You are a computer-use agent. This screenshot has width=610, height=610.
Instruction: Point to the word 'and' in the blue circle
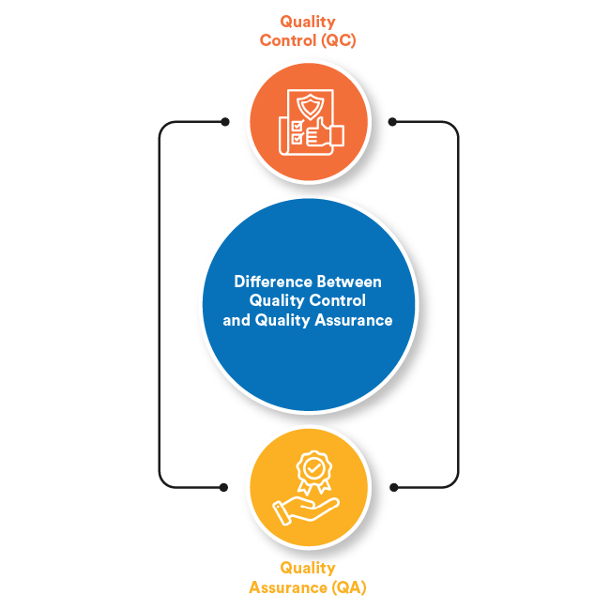click(235, 320)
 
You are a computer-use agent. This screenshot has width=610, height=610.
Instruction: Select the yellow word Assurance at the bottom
click(285, 587)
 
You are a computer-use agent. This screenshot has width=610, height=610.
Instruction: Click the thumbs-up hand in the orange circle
click(326, 135)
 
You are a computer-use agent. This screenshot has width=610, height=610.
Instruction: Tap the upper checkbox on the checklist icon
click(297, 125)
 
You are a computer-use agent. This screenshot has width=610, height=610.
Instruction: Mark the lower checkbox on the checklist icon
click(297, 138)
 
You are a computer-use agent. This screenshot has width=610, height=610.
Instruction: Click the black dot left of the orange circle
click(224, 121)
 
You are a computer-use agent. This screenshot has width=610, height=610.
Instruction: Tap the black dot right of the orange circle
click(392, 121)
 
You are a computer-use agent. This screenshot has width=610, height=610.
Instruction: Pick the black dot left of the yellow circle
click(224, 487)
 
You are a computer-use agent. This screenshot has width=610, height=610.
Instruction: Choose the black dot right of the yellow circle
click(392, 487)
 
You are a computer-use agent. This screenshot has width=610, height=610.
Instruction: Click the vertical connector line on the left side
click(160, 305)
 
